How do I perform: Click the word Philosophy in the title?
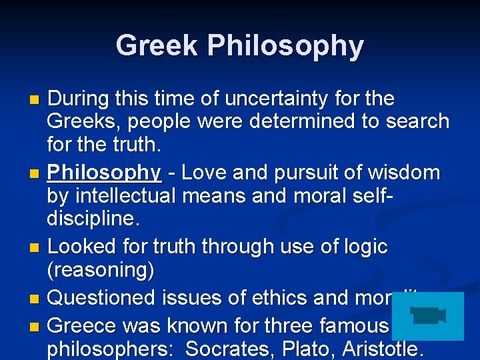pos(285,47)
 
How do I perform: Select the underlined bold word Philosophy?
pos(105,173)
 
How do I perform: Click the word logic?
pos(364,246)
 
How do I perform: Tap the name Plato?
pos(311,349)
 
